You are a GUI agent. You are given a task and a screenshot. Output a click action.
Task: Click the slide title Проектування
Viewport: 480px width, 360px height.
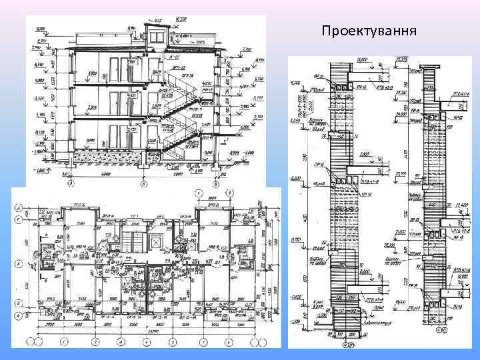(369, 31)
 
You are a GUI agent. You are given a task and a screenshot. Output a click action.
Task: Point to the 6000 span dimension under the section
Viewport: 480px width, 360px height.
(105, 175)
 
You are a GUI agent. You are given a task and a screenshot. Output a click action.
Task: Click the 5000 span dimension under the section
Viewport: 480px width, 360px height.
(177, 175)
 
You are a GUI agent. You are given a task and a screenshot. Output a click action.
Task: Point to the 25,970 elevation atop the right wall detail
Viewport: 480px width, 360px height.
(401, 59)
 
